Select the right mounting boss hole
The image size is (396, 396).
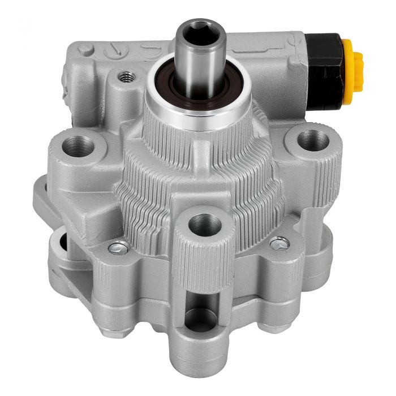coord(312,140)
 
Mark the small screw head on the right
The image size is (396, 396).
coord(280,244)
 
